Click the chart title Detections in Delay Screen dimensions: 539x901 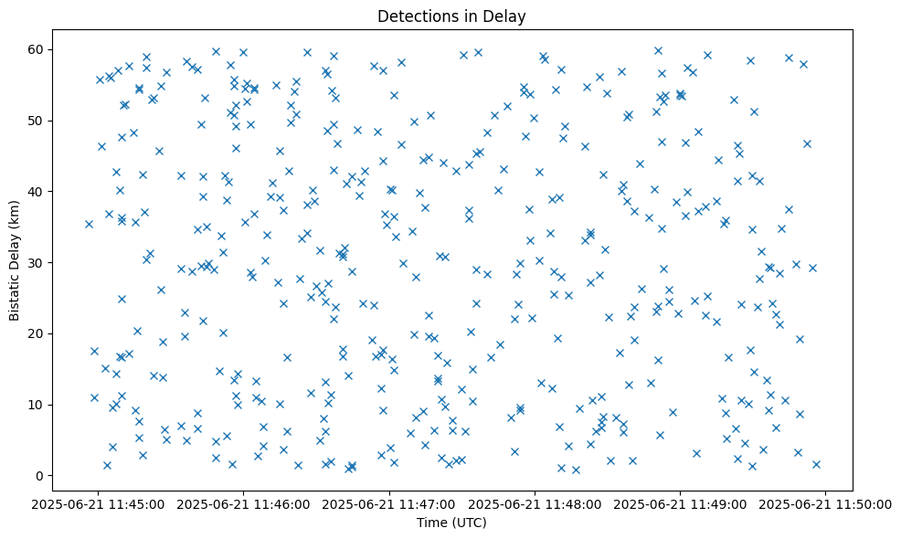[450, 16]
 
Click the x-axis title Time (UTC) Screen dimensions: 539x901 [450, 523]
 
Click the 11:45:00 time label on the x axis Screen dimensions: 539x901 [98, 503]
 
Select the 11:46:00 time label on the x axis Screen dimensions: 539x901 [244, 503]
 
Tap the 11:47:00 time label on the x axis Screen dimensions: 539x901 [389, 503]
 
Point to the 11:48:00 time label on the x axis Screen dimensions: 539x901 [535, 503]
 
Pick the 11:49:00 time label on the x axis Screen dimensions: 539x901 [681, 503]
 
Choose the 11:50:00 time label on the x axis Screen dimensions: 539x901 [826, 503]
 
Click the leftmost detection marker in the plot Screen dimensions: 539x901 [89, 224]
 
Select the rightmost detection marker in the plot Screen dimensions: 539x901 [816, 464]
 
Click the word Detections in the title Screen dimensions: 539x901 [411, 16]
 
